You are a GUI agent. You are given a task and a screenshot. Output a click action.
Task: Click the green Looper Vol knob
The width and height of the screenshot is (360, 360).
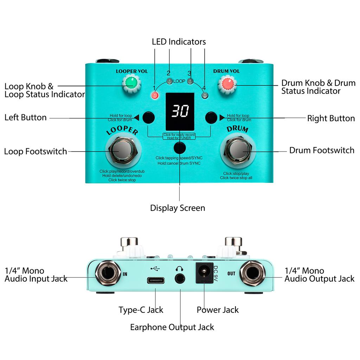pos(131,83)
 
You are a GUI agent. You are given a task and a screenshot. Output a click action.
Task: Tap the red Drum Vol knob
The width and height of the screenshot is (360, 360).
pos(227,84)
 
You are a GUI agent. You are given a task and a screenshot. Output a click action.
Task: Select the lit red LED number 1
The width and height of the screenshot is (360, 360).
pos(154,95)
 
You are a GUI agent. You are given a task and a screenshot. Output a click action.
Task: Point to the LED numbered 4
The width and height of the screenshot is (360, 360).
pos(205,95)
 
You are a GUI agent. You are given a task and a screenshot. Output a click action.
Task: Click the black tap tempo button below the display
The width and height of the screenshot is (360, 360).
pos(180,147)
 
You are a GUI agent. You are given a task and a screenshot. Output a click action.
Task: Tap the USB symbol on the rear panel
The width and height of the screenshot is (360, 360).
pos(155,269)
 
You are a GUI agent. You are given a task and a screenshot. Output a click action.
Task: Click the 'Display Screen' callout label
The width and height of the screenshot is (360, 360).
pos(178,208)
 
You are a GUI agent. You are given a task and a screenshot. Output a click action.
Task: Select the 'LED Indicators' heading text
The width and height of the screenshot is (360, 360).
pos(179,41)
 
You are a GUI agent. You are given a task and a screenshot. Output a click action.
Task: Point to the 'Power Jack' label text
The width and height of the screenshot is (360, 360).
pos(218,310)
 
